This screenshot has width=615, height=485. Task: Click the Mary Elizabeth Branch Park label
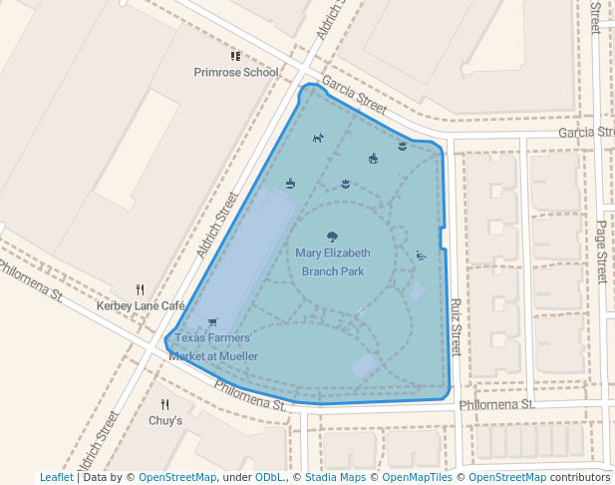[332, 261]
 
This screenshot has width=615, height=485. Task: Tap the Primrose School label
[236, 72]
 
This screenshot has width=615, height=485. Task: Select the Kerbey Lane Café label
[142, 305]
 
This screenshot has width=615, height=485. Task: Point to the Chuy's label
[165, 421]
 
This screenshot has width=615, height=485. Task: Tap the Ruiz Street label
[455, 327]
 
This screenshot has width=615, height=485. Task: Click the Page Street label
[601, 252]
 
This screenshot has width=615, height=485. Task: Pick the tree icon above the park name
[332, 237]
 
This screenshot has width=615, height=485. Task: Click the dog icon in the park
[317, 138]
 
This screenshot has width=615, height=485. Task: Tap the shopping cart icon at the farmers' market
[212, 322]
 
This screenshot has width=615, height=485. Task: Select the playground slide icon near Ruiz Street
[421, 255]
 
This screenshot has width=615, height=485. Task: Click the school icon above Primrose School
[236, 57]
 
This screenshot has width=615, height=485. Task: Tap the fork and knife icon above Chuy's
[165, 404]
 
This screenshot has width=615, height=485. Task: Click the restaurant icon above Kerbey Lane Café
[141, 290]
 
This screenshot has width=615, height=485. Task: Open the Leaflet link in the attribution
[56, 477]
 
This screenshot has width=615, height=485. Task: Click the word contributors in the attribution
[579, 477]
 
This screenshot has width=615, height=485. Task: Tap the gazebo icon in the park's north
[373, 158]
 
